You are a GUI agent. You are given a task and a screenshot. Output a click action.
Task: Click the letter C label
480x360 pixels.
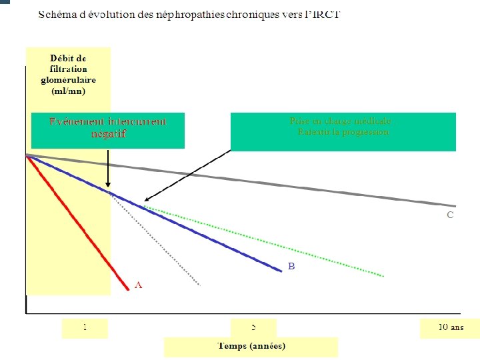450,215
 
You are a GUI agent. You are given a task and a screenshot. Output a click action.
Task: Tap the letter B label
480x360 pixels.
291,266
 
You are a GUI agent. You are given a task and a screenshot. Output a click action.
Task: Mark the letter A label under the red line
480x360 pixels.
138,285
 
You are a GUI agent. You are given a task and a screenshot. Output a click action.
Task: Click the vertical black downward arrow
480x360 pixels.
108,171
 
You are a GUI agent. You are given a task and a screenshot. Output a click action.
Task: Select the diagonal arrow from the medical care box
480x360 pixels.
187,175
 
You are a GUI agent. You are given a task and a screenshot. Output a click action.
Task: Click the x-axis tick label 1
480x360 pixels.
85,327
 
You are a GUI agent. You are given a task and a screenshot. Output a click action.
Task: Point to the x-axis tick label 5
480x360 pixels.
253,327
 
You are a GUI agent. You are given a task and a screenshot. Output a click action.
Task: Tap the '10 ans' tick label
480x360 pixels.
450,327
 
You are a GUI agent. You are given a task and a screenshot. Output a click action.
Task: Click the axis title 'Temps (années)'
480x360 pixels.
251,345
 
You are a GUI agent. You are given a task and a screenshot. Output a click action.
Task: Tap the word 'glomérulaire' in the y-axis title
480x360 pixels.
68,80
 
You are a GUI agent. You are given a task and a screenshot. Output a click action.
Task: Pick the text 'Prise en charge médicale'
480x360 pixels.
340,121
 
